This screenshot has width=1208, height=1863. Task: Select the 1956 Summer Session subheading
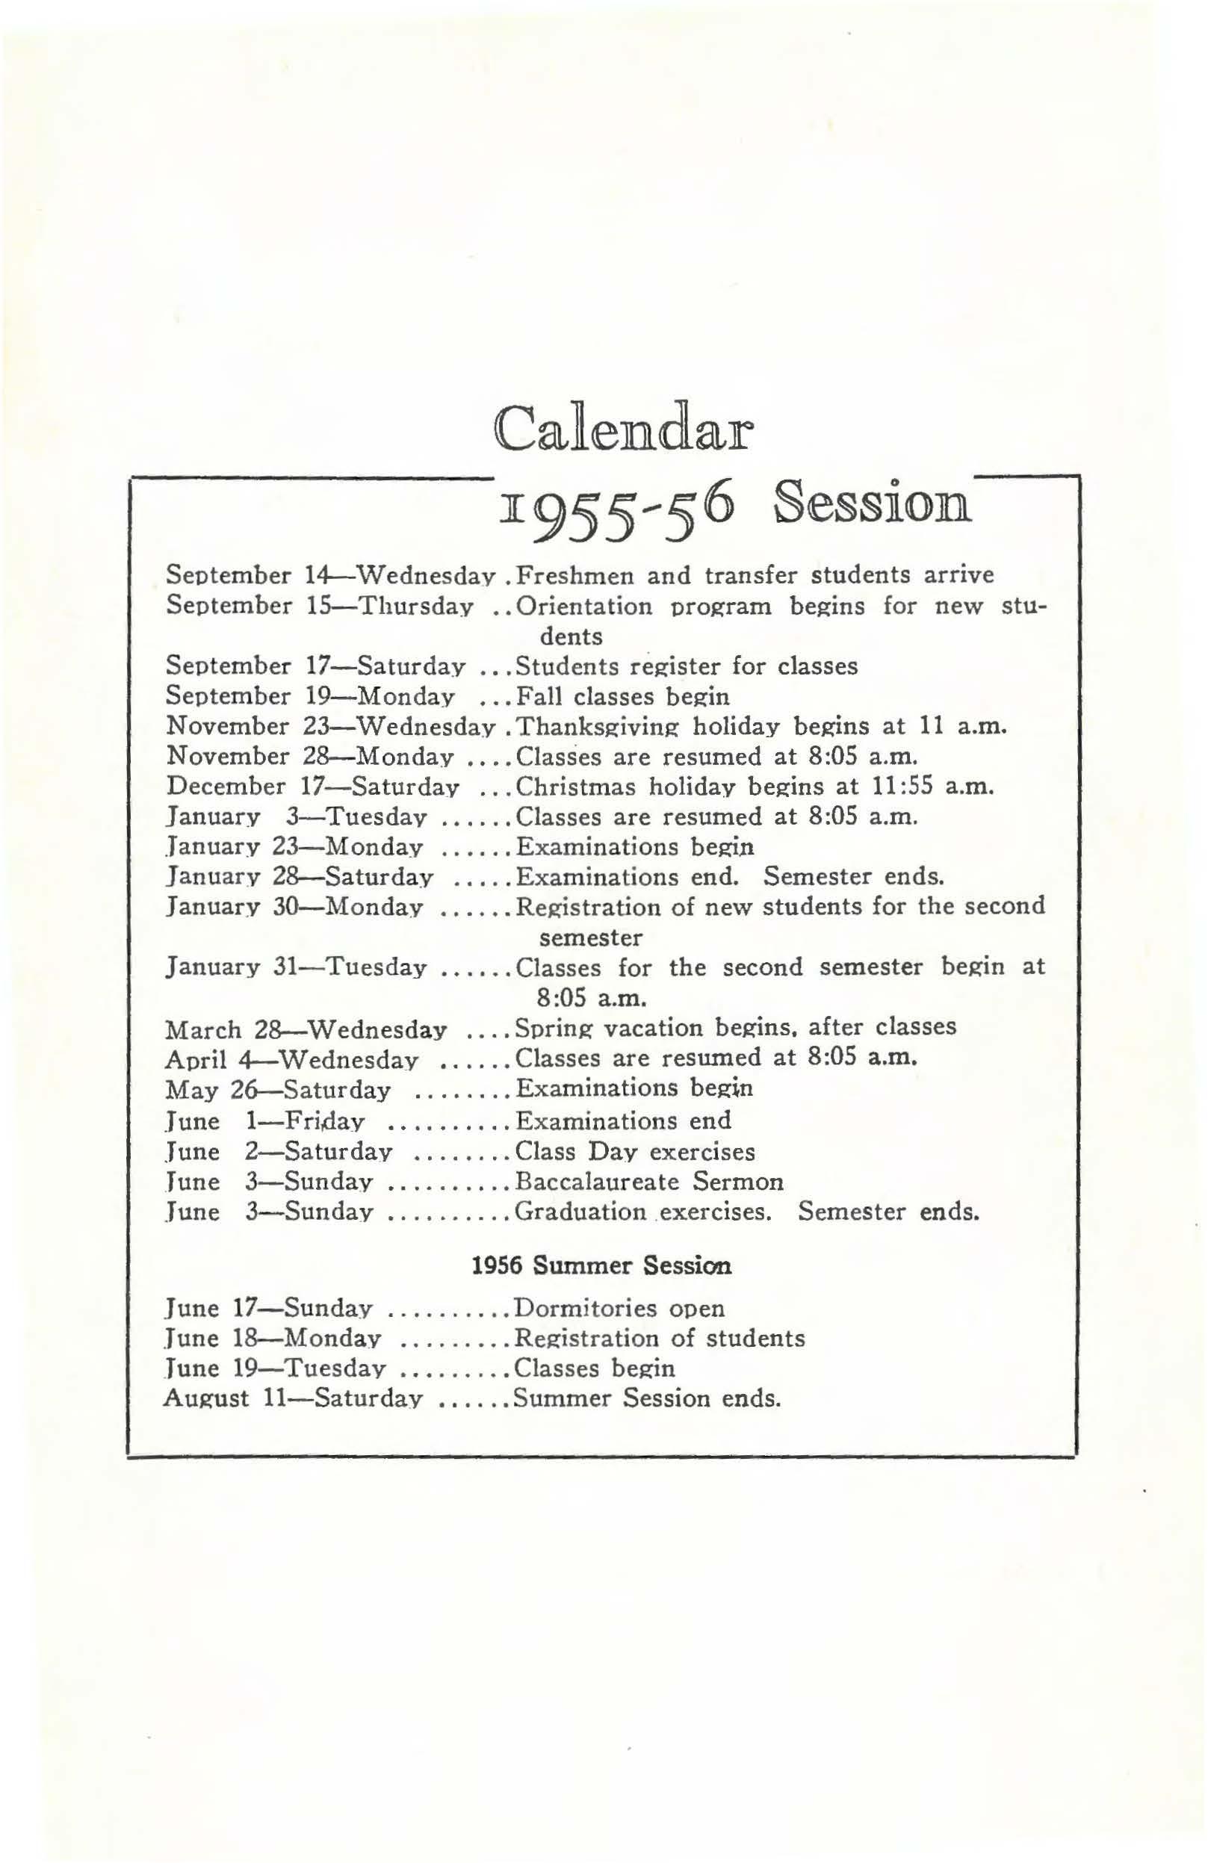[x=602, y=1265]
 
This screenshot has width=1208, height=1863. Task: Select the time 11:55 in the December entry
[x=903, y=786]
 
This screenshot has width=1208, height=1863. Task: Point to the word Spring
[x=549, y=1027]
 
